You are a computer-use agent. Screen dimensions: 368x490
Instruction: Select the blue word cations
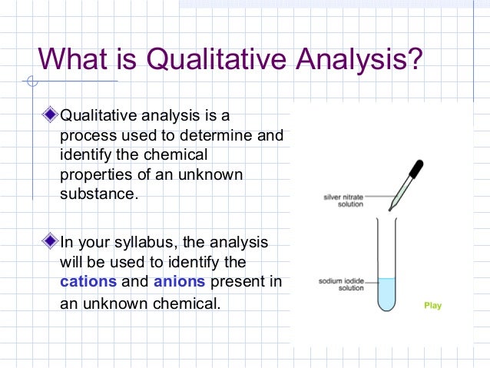[88, 282]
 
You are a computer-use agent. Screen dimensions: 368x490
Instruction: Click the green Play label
[433, 306]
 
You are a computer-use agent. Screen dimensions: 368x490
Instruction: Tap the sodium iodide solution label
[340, 284]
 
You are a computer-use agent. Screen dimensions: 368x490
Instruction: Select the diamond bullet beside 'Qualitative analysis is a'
[51, 116]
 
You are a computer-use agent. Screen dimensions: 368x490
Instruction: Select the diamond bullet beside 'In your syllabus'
[51, 242]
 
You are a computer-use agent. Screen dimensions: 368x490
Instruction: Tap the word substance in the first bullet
[98, 194]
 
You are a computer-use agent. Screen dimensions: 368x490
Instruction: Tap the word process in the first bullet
[85, 136]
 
